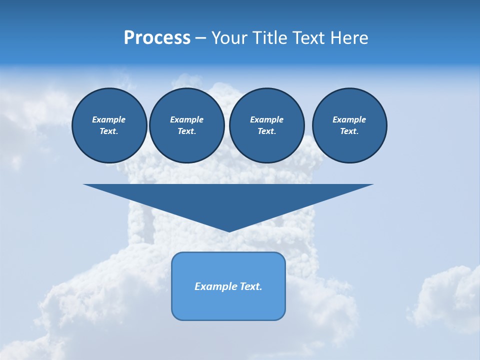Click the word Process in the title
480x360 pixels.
pyautogui.click(x=157, y=38)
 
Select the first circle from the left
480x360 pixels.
pyautogui.click(x=109, y=125)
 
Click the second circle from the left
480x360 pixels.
pyautogui.click(x=186, y=125)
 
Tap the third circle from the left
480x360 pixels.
pyautogui.click(x=266, y=125)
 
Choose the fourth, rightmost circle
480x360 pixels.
pyautogui.click(x=349, y=125)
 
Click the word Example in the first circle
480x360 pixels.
pyautogui.click(x=108, y=119)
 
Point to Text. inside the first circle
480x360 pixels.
pyautogui.click(x=108, y=131)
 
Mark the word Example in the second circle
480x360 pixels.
pyautogui.click(x=186, y=119)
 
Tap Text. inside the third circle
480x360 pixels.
pyautogui.click(x=266, y=131)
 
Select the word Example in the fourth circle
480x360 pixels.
pyautogui.click(x=349, y=119)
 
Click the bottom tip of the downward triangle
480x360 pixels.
pyautogui.click(x=229, y=231)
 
